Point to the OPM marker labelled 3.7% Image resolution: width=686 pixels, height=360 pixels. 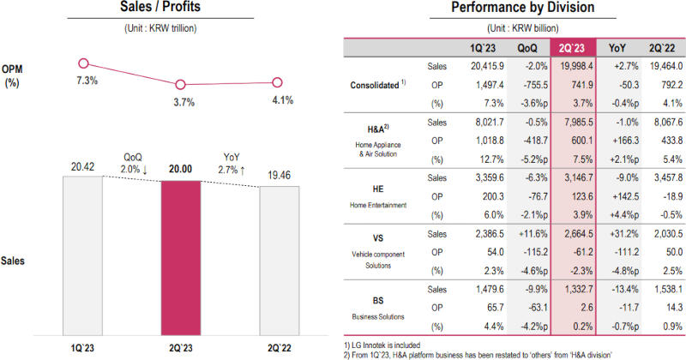(x=180, y=84)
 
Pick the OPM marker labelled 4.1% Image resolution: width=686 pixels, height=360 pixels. (x=278, y=82)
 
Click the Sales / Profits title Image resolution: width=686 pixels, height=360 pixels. (x=179, y=9)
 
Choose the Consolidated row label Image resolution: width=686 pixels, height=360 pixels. (x=379, y=86)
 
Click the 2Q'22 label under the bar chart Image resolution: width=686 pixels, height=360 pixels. (x=279, y=348)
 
